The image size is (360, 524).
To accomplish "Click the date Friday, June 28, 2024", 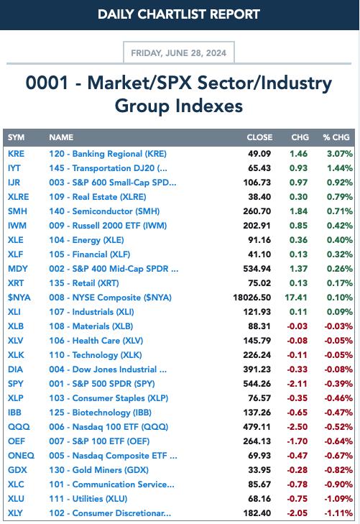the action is click(179, 53).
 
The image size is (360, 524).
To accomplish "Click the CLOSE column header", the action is click(259, 137).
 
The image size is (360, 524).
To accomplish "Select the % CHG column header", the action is click(336, 137).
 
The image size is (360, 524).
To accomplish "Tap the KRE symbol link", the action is click(16, 154).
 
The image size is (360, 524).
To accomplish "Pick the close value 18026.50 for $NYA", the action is click(252, 298).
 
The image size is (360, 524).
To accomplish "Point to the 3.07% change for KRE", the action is click(340, 154).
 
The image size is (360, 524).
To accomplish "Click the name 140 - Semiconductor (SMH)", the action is click(104, 211).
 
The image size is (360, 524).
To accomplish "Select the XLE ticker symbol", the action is click(16, 240).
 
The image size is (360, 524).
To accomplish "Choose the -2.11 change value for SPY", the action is click(297, 384).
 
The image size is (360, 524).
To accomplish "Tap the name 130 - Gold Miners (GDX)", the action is click(99, 470).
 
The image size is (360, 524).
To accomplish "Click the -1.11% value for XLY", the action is click(338, 513).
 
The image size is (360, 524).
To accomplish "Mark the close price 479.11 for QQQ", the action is click(257, 427).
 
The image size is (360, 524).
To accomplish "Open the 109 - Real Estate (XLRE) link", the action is click(98, 197).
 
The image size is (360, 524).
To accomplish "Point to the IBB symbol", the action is click(14, 413).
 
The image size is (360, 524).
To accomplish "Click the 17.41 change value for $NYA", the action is click(296, 298).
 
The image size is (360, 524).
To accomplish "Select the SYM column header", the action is click(16, 137).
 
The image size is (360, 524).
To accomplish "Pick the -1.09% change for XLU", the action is click(338, 499).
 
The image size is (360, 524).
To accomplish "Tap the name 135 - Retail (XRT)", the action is click(84, 283).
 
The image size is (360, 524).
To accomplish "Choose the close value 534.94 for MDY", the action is click(257, 269).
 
